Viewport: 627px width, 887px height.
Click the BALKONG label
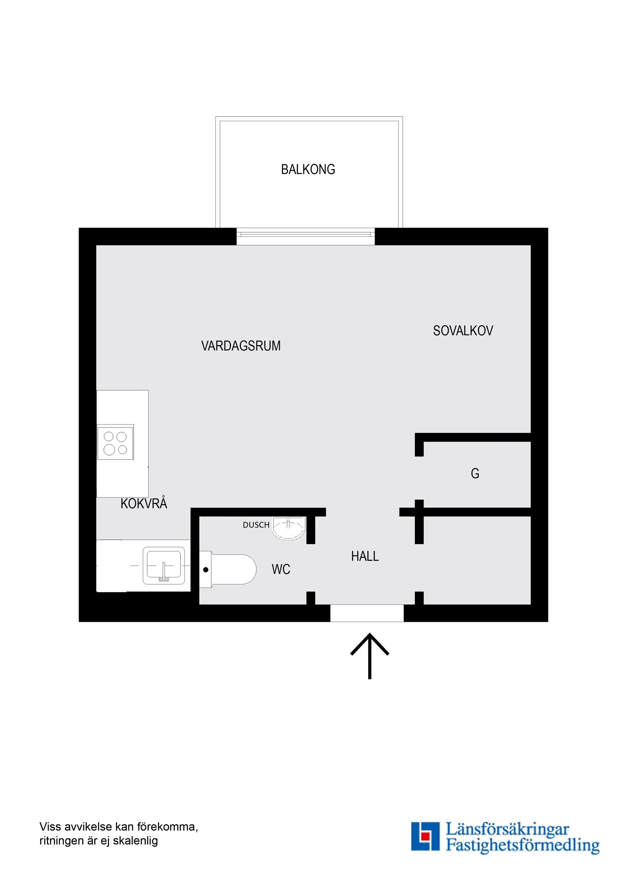(x=308, y=169)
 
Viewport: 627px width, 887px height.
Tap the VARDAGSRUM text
(x=241, y=346)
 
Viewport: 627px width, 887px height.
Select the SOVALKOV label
(x=463, y=331)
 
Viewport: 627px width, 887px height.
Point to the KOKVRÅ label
(x=144, y=504)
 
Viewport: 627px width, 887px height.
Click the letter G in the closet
(x=475, y=473)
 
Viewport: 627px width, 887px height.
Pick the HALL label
(x=365, y=556)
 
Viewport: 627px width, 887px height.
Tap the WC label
(x=281, y=570)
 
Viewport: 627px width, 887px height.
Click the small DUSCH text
(x=256, y=524)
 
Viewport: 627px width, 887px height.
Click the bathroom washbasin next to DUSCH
(x=289, y=528)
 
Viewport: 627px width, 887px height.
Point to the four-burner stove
(x=116, y=443)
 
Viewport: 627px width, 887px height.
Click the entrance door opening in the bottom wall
(x=367, y=613)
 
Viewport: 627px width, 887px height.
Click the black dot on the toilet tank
(x=206, y=570)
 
